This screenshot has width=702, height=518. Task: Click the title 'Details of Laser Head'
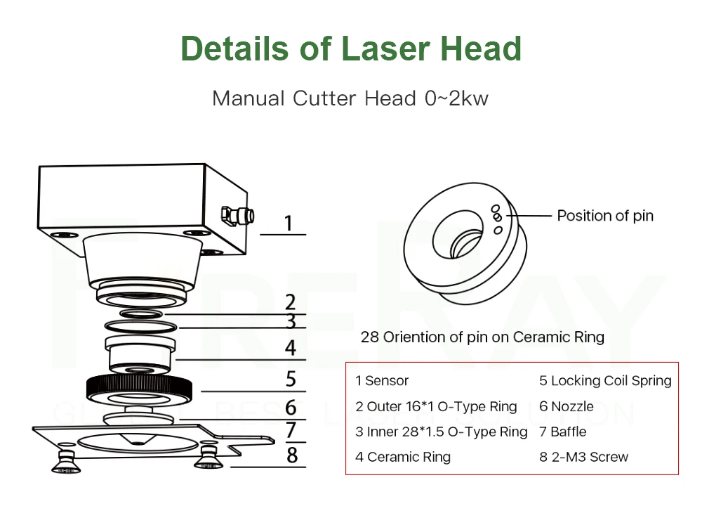point(351,48)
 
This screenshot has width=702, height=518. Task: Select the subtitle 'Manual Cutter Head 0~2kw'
point(350,98)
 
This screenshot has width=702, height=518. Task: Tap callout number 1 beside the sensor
point(288,224)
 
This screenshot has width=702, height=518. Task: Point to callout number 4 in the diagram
point(290,347)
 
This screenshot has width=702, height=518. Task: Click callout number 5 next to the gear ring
point(291,379)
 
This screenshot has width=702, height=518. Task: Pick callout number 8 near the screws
point(292,455)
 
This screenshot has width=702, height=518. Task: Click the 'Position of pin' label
point(604,216)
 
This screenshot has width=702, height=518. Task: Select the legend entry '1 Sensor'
point(382,381)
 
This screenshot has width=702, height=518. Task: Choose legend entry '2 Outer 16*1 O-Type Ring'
point(436,406)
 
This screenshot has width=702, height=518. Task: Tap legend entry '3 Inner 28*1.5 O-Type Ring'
point(441,432)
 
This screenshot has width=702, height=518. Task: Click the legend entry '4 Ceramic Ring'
point(403,457)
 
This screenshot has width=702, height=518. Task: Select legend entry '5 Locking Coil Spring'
point(605,381)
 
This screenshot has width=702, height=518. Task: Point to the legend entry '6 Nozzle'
point(566,406)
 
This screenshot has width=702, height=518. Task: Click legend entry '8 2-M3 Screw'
point(583,457)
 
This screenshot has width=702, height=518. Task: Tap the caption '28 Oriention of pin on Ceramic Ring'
point(482,337)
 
